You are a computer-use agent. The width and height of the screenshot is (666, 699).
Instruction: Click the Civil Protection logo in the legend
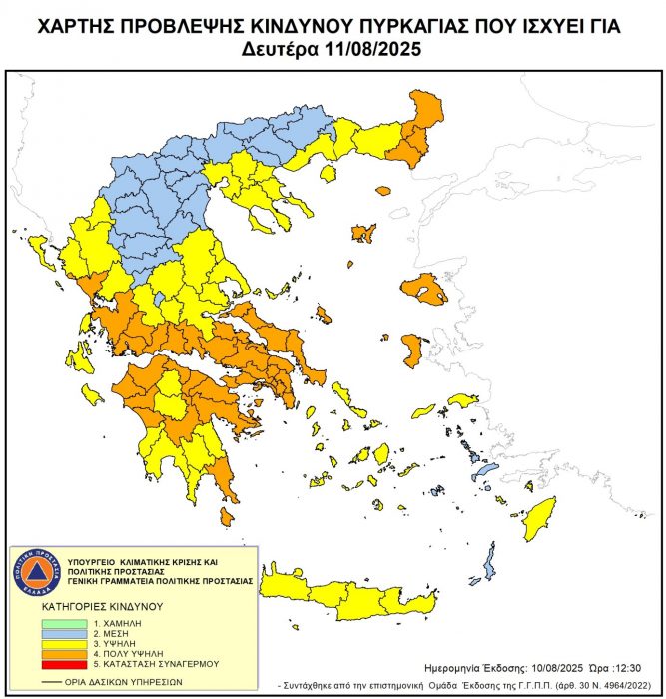coord(35,572)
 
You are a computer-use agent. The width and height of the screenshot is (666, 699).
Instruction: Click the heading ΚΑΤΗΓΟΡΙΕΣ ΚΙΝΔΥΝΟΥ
coord(89,606)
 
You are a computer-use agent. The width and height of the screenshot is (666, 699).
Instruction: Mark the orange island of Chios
coord(411,350)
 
